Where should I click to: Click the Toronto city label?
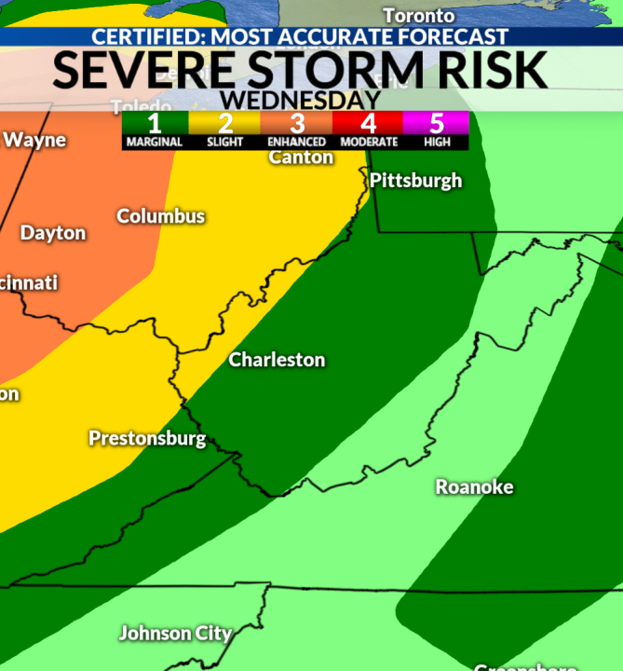tap(418, 16)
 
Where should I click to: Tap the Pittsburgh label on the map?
tap(415, 181)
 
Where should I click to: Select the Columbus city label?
tap(160, 216)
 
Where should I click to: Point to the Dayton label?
tap(53, 233)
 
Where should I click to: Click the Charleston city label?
tap(277, 360)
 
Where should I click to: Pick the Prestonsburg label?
tap(147, 438)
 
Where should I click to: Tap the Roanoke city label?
tap(474, 486)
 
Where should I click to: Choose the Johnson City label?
tap(175, 634)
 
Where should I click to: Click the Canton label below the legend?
tap(301, 157)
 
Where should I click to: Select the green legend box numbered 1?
tap(155, 123)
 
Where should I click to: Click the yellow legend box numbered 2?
tap(224, 123)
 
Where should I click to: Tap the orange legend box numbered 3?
tap(296, 123)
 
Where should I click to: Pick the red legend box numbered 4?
tap(367, 123)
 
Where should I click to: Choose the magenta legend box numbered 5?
tap(436, 123)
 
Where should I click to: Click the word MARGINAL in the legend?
tap(155, 143)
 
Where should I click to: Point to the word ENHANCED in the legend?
tap(296, 143)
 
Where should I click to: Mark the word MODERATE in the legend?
tap(367, 143)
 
